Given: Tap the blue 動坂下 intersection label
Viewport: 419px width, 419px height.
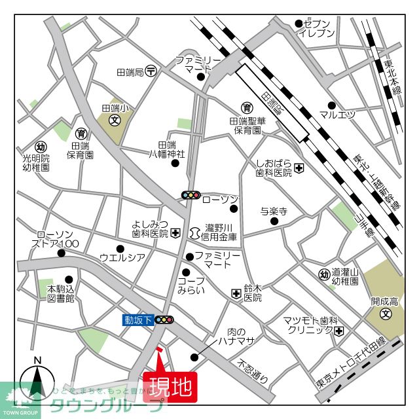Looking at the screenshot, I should point(138,320).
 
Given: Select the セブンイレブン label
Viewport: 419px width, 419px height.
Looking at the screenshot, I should point(318,28).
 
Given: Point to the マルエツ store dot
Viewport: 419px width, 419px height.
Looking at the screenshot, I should point(332,105).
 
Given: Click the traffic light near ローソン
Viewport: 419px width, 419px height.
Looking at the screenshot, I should point(191,195).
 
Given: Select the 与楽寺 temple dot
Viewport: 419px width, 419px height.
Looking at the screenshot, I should point(274,222).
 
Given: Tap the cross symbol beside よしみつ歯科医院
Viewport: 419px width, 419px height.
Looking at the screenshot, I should point(175,233).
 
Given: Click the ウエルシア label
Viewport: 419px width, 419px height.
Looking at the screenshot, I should point(122,257).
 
